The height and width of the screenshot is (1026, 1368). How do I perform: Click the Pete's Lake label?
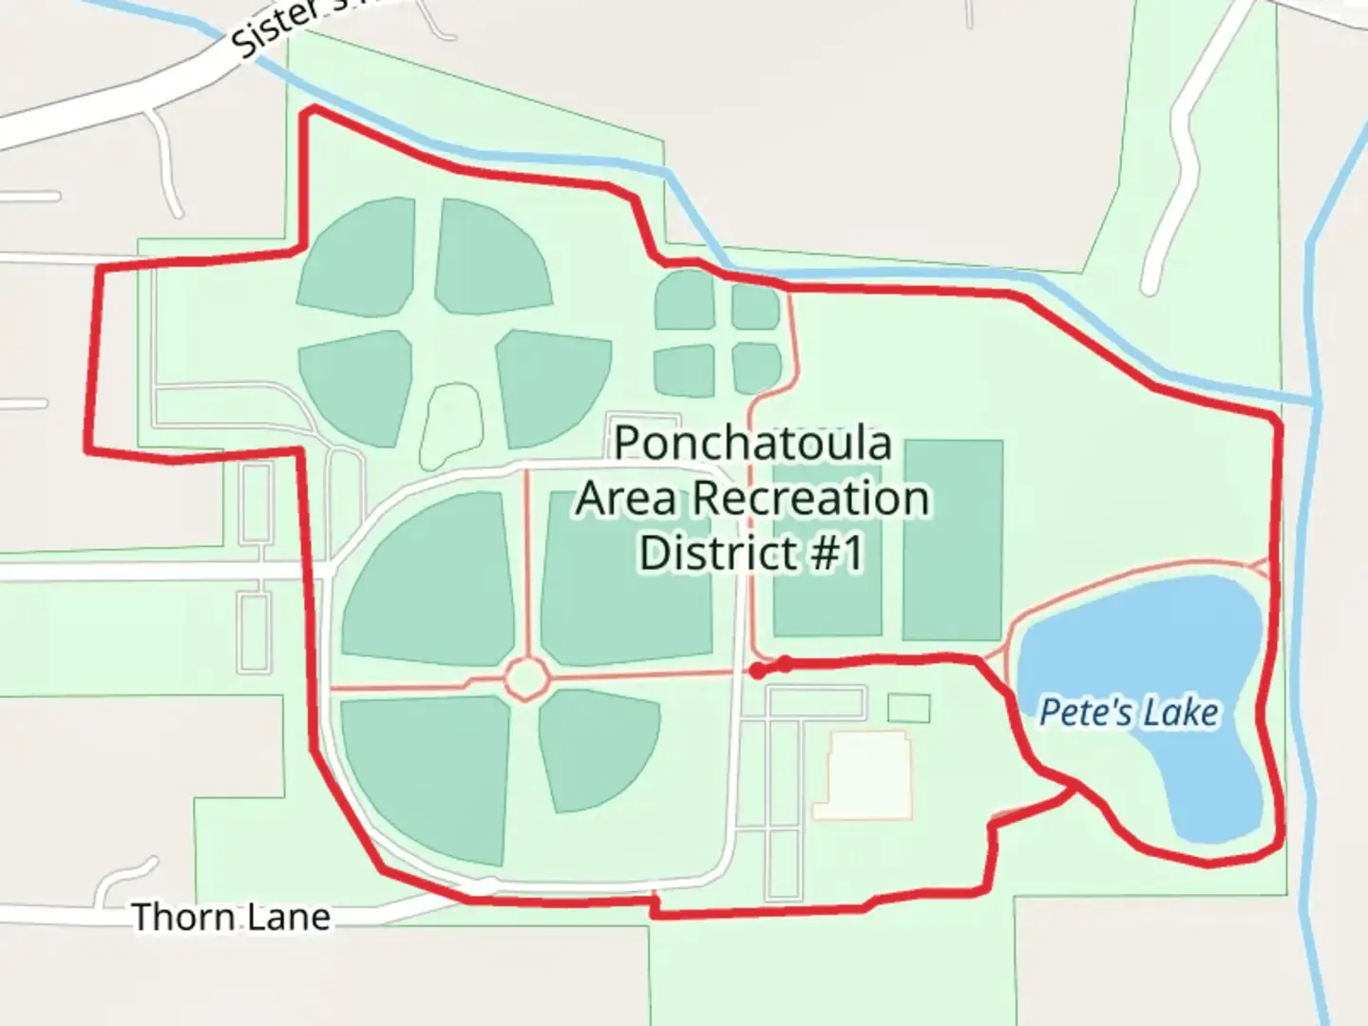click(1128, 712)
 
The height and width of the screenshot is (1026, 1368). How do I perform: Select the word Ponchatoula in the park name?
click(752, 444)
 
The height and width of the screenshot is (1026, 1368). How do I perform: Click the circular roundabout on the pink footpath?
click(526, 678)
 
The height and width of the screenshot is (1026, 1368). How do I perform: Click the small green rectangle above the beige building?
click(908, 708)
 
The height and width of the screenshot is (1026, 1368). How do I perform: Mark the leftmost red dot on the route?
click(756, 672)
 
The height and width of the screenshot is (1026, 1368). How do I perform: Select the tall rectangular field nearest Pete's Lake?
click(952, 540)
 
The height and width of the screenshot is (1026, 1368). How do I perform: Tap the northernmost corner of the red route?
click(308, 111)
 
